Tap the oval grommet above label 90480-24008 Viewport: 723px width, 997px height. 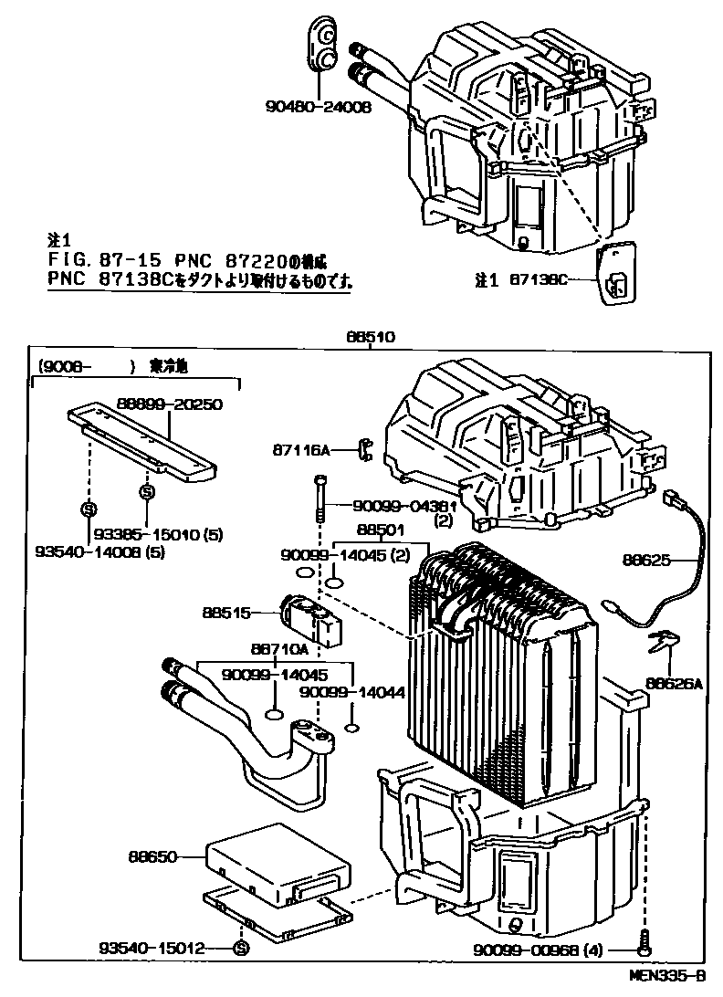click(x=320, y=45)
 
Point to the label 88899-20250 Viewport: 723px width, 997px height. click(x=170, y=404)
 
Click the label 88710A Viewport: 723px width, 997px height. click(x=278, y=649)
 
